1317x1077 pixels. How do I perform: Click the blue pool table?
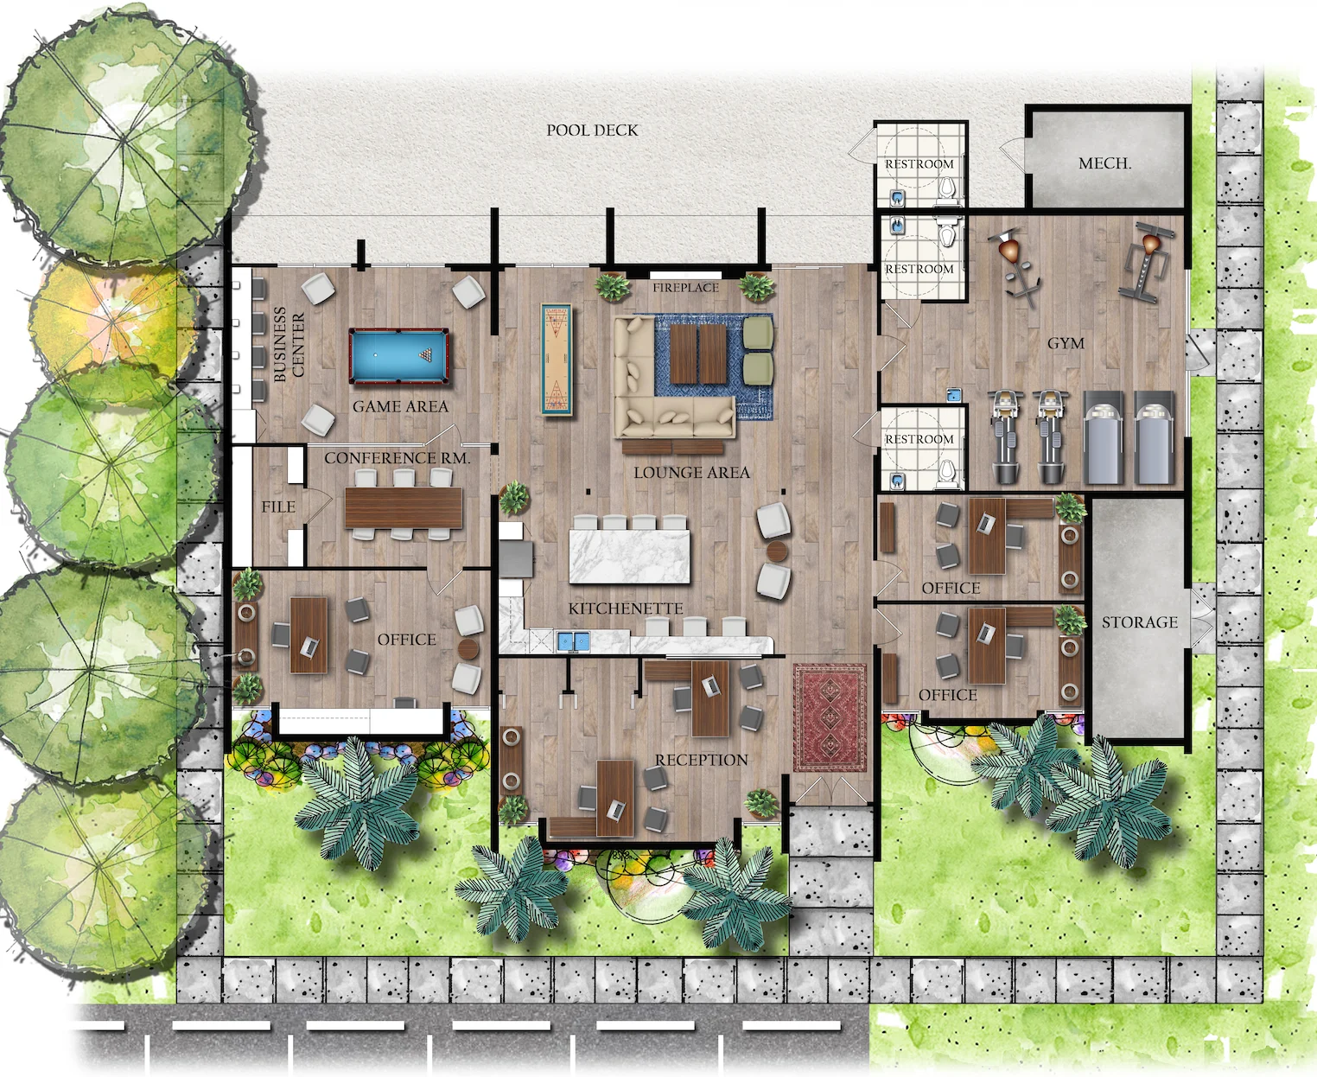click(399, 355)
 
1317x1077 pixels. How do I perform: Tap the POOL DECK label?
click(592, 131)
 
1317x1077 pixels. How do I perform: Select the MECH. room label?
click(1104, 163)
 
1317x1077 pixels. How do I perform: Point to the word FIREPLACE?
click(685, 288)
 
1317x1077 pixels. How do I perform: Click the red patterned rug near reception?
click(830, 717)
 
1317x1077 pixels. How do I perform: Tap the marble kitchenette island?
click(631, 557)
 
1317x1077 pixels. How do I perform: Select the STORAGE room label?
click(1139, 622)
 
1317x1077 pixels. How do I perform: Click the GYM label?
click(1066, 344)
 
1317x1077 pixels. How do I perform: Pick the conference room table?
click(404, 507)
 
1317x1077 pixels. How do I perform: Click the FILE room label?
click(278, 507)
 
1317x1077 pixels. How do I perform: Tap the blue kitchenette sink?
click(573, 641)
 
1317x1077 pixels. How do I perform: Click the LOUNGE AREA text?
click(691, 473)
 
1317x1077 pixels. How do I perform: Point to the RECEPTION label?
click(701, 760)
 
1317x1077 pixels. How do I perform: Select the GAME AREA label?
click(400, 406)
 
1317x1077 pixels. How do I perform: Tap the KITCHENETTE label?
click(626, 609)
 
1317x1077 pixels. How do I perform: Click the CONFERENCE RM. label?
click(398, 458)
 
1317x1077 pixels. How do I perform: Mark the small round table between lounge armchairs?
click(776, 551)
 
